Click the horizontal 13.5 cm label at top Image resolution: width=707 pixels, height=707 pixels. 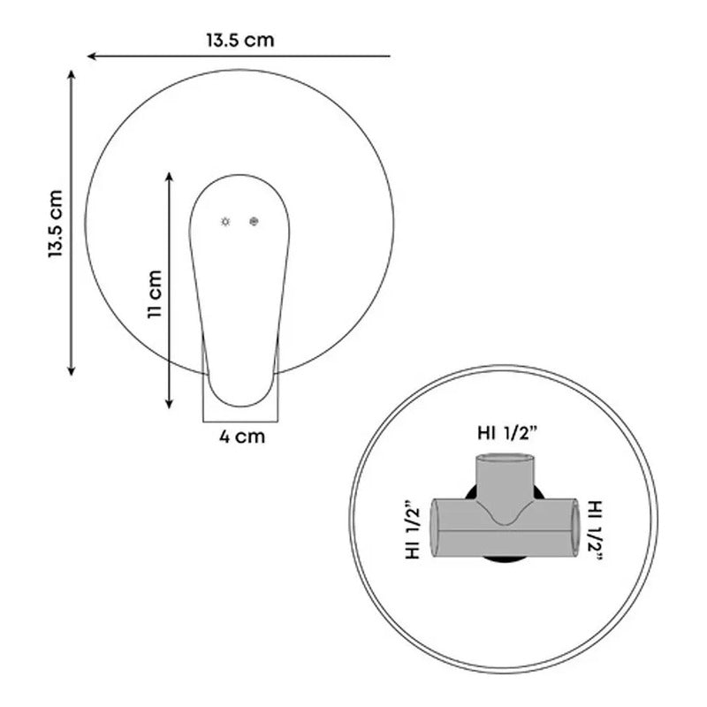point(240,40)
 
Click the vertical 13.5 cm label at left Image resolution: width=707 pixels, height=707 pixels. point(55,224)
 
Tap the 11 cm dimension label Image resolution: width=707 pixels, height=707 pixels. point(154,294)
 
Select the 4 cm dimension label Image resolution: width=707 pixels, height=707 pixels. point(242,437)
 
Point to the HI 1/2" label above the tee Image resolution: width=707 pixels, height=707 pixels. point(507,433)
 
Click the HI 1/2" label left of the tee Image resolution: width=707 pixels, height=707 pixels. point(413,529)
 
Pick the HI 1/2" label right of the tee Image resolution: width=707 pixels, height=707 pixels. point(595,529)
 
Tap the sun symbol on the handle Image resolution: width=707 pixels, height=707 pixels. point(225,222)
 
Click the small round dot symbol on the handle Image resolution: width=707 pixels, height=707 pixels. point(254,222)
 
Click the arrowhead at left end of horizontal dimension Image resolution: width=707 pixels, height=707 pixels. point(91,56)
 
